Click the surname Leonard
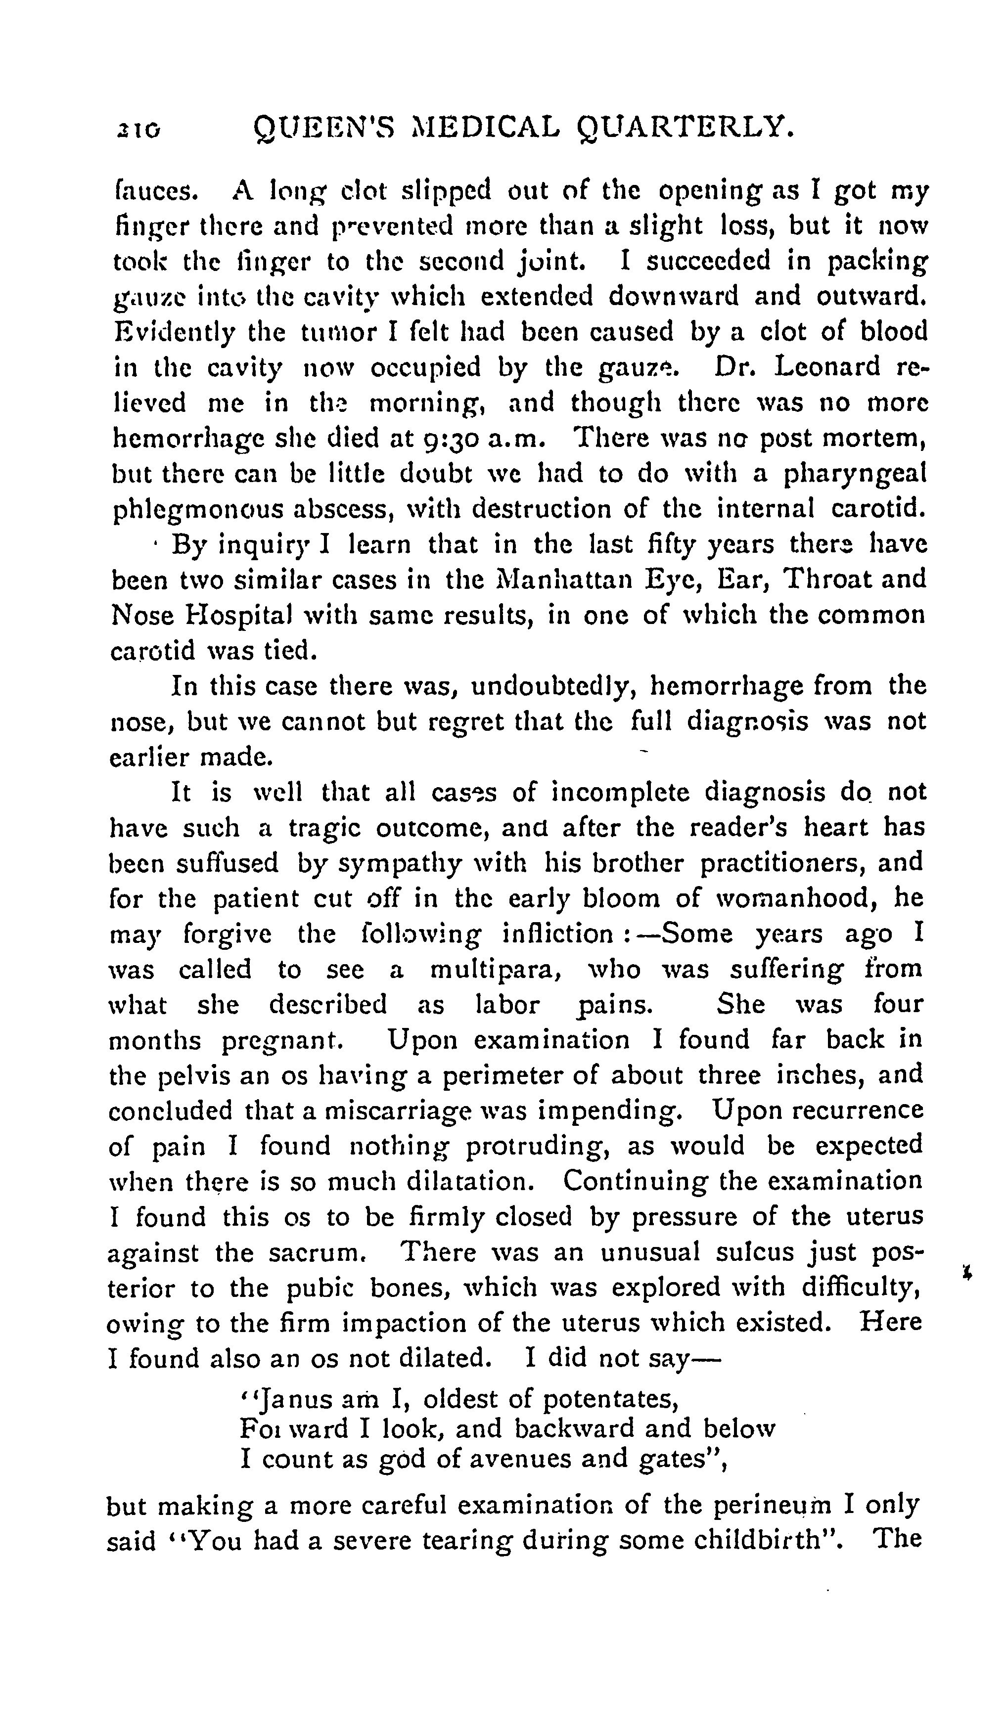click(x=827, y=366)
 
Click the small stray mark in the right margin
click(x=968, y=1274)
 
